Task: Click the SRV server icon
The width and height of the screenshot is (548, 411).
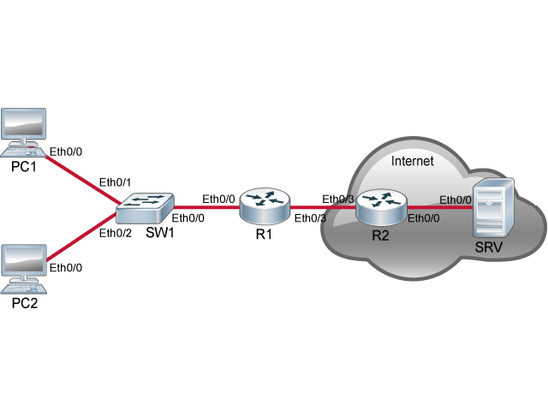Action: click(x=493, y=207)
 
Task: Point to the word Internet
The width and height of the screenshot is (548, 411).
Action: click(x=412, y=161)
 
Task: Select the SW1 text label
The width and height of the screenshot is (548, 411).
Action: click(x=158, y=233)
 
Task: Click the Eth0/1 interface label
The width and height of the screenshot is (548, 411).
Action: click(x=115, y=182)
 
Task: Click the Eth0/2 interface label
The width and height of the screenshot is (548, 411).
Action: click(x=115, y=233)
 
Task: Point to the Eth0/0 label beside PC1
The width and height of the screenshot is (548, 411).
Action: click(x=66, y=152)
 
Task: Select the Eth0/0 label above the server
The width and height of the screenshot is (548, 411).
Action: click(x=456, y=200)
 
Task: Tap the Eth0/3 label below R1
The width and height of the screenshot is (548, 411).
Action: click(x=310, y=218)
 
